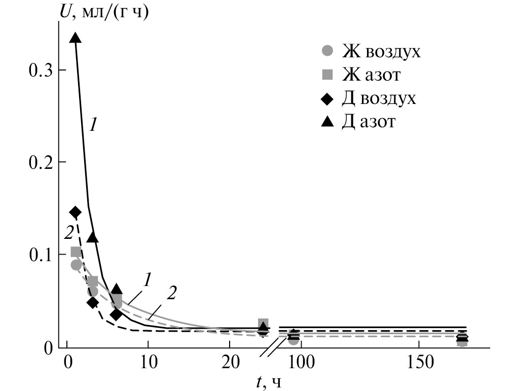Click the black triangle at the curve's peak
[x=76, y=38]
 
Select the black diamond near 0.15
[x=76, y=212]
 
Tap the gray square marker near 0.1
[x=76, y=252]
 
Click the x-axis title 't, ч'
[x=268, y=381]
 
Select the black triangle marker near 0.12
[x=93, y=237]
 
